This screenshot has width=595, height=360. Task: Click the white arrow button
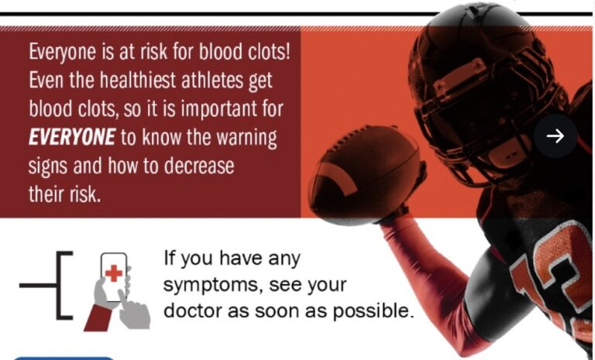pos(555,135)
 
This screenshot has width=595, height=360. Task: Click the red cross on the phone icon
pos(113,273)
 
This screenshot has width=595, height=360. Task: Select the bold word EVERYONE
pos(72,137)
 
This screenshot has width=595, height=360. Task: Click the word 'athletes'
pos(212,80)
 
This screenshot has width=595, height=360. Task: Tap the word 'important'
pos(219,109)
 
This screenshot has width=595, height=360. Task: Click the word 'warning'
pos(246,138)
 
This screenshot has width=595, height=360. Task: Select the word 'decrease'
pos(199,166)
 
